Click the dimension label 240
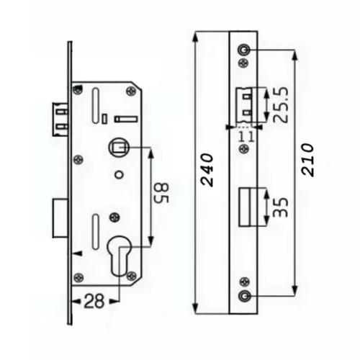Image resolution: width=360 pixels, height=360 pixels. (207, 170)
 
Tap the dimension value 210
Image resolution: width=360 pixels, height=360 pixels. (307, 161)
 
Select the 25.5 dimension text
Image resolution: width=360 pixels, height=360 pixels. (280, 105)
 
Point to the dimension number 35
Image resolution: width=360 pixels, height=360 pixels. (280, 207)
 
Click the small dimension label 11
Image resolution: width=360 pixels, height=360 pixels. (246, 137)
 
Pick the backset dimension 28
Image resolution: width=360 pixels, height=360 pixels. (94, 302)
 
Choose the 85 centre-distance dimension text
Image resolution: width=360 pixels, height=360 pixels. (161, 193)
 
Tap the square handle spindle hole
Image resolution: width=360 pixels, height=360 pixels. (119, 147)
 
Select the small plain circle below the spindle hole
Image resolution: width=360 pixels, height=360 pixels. (119, 174)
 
